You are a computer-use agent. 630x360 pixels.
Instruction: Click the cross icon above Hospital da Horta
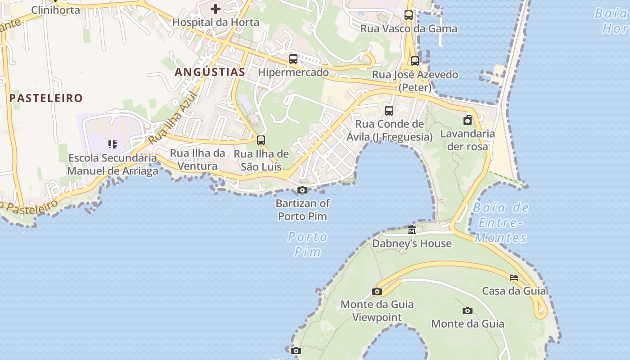[x=216, y=9]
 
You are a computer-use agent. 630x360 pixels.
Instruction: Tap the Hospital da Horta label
[x=216, y=22]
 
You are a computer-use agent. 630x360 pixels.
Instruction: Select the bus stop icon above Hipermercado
[x=293, y=58]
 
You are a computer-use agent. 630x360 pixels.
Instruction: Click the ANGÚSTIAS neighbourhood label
[x=210, y=72]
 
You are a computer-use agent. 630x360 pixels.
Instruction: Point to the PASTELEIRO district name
[x=46, y=98]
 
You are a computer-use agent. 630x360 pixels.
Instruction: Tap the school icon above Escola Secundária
[x=112, y=144]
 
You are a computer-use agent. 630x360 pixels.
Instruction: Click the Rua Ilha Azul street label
[x=173, y=118]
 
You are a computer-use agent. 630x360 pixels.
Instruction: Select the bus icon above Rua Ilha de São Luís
[x=261, y=140]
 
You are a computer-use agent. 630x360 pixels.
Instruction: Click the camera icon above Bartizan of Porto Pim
[x=302, y=190]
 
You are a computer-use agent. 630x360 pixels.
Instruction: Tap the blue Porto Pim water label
[x=308, y=244]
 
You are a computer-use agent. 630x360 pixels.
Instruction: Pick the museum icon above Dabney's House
[x=412, y=230]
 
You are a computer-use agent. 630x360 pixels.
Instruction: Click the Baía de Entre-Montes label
[x=501, y=222]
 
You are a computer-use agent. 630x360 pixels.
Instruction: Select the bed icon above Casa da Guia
[x=514, y=277]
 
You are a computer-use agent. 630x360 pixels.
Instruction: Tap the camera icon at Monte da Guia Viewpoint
[x=377, y=291]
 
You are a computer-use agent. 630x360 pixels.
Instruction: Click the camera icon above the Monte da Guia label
[x=468, y=310]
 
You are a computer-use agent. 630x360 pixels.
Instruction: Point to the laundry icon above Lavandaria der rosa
[x=468, y=120]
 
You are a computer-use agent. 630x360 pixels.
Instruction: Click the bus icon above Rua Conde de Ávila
[x=389, y=110]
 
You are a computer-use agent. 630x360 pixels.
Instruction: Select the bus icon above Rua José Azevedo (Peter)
[x=415, y=61]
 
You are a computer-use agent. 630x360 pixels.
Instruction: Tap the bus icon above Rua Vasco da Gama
[x=409, y=15]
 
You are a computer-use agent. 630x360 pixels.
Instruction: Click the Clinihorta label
[x=55, y=10]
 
